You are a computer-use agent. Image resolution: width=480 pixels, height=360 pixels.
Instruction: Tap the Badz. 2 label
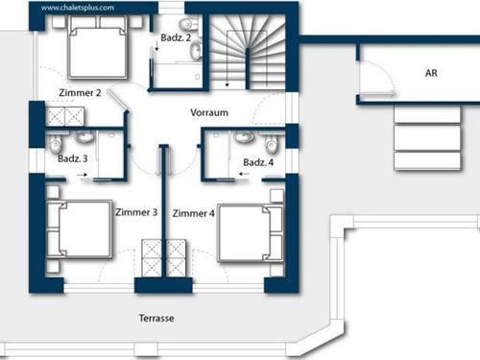click(177, 36)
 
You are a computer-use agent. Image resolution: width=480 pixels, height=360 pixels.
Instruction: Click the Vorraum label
click(209, 112)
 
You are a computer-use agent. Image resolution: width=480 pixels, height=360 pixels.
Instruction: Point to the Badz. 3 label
click(73, 158)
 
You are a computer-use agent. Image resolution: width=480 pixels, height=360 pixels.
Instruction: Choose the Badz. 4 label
click(258, 162)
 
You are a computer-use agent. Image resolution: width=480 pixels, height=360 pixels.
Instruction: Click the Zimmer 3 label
click(135, 212)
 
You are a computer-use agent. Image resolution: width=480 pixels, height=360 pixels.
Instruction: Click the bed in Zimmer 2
click(96, 50)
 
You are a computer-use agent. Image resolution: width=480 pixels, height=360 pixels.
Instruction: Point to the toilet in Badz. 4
click(272, 145)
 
